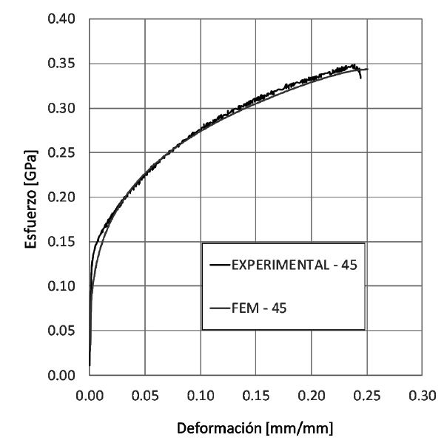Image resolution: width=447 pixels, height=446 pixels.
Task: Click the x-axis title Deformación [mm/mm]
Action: [x=255, y=428]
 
